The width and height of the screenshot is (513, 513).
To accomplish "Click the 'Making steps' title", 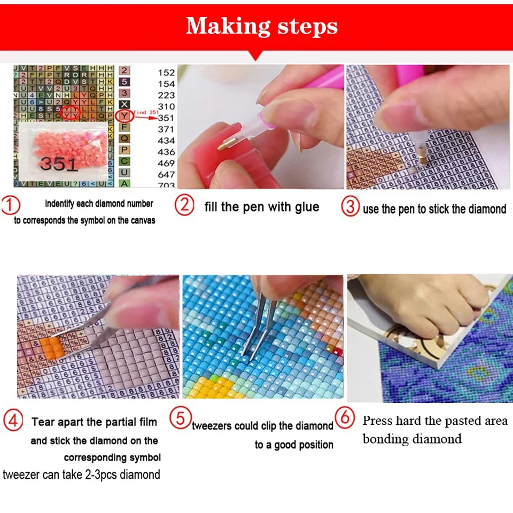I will point(261,26).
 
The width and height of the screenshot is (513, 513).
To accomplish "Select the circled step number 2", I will point(184,206).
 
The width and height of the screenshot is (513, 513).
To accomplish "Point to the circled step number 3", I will point(351,207).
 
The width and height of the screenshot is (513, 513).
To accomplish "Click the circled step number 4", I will point(13,421).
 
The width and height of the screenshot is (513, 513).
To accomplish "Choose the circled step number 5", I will point(181,418).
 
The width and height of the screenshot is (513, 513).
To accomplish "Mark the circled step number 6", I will point(345,417).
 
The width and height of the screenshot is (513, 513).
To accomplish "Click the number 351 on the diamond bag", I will point(59,163).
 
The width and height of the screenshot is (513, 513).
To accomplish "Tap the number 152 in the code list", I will point(166,73).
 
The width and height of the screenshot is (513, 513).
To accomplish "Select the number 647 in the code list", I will point(166,174).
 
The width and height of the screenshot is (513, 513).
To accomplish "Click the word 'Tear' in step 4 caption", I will point(43,422).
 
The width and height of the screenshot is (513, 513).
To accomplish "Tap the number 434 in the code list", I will point(166,141).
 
